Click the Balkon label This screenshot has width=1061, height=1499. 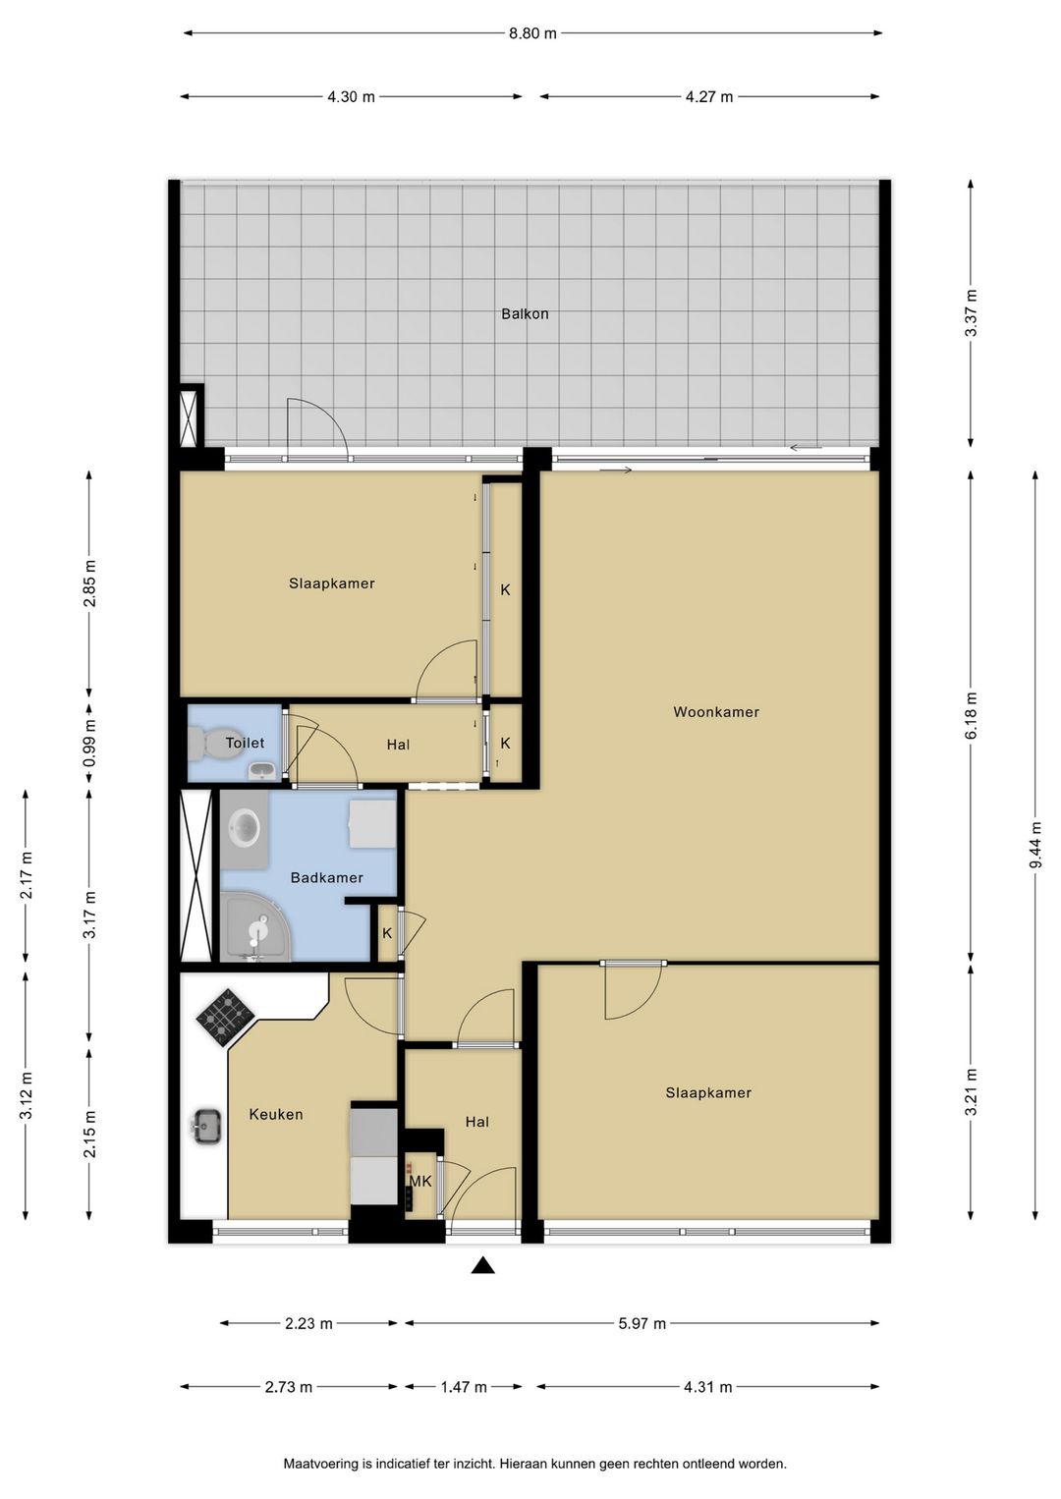tap(525, 314)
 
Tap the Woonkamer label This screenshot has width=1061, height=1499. tap(716, 712)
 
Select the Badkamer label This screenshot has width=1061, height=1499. tap(327, 878)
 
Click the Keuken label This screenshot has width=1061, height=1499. tap(276, 1114)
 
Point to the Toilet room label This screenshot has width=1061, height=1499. tap(245, 743)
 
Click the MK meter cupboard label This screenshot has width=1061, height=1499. tap(420, 1182)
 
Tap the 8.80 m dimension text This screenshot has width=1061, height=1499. tap(532, 33)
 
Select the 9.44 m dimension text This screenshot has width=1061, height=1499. tap(1035, 845)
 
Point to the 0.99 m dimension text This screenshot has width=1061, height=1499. tap(89, 744)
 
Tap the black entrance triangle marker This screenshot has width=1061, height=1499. tap(482, 1265)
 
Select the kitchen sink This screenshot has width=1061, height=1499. tap(207, 1127)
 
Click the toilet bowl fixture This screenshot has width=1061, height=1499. tap(215, 744)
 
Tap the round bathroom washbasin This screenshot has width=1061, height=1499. tap(245, 828)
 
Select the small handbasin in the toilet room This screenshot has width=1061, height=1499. tap(262, 771)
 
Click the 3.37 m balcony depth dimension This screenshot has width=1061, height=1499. tap(972, 313)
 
